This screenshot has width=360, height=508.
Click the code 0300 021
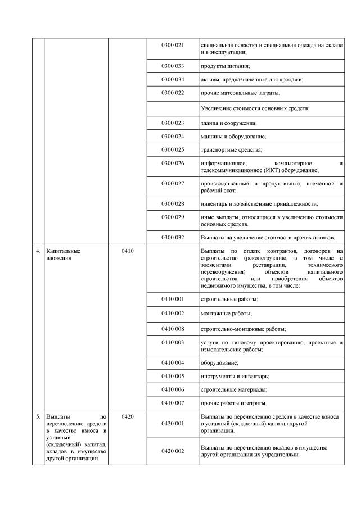pos(173,44)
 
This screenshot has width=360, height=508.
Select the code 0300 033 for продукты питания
pos(173,66)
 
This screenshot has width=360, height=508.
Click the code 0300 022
pos(173,92)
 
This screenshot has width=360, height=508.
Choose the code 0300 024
pos(173,136)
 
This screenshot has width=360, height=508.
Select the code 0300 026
pos(173,164)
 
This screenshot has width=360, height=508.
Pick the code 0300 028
pos(173,203)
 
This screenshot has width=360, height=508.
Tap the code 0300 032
pos(173,237)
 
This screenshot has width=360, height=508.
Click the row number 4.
pos(37,251)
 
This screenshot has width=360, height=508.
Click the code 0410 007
pos(173,403)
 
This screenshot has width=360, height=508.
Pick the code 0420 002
pos(173,451)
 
